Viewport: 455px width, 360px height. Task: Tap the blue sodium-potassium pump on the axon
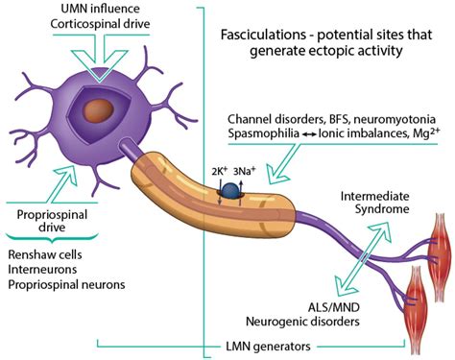tap(231, 195)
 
